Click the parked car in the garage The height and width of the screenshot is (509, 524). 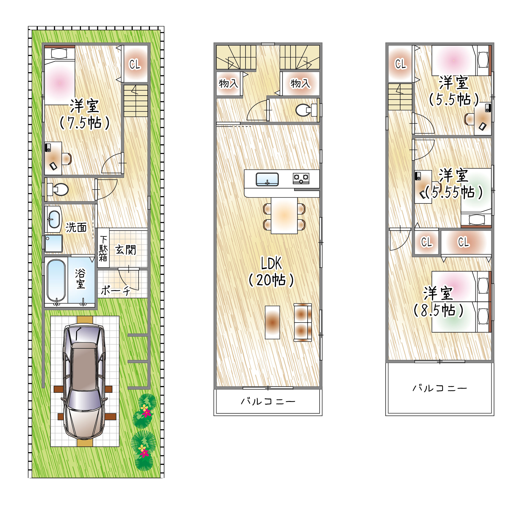84,382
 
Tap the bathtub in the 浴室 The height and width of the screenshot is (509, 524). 56,281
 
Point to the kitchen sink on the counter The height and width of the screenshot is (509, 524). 267,179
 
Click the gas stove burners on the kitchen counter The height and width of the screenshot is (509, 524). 301,178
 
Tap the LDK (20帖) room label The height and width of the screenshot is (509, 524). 271,272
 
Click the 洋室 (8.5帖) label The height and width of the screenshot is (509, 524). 438,302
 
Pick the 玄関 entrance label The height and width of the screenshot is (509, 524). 126,250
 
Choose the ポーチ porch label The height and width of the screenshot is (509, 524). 115,290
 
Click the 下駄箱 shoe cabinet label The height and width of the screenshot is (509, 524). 103,248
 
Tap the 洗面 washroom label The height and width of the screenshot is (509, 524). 76,227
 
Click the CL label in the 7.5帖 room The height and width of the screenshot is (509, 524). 135,64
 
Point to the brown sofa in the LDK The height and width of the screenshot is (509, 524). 303,322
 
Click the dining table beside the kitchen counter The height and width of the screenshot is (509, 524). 284,216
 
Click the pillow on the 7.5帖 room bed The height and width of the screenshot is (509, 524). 59,53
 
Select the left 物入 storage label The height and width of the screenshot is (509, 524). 228,83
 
